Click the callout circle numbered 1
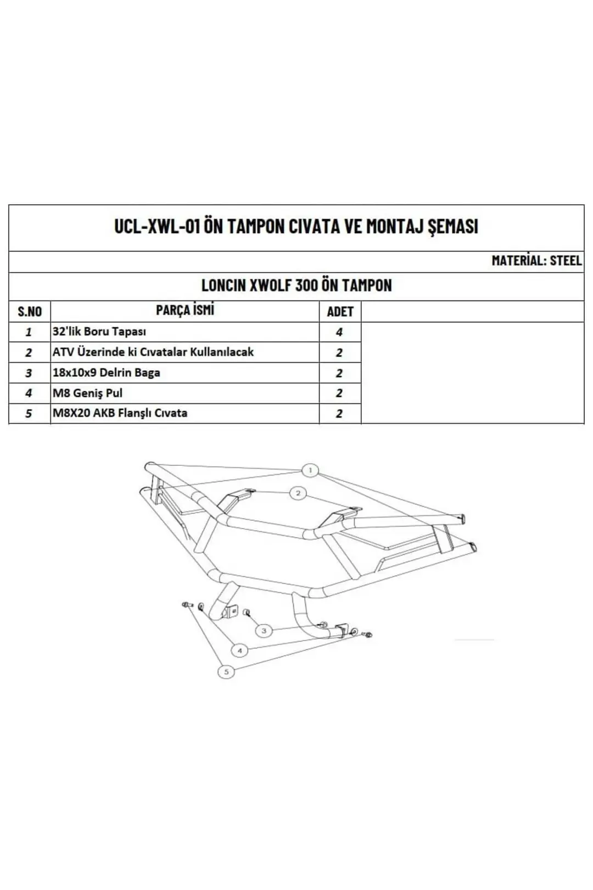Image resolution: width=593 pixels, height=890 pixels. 310,470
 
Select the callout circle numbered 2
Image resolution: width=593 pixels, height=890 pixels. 298,493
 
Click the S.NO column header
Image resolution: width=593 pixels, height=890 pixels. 30,311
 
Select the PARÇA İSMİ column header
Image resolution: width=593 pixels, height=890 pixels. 185,310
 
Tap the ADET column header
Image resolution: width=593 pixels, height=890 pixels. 340,311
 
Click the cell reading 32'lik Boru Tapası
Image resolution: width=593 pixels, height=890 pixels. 99,331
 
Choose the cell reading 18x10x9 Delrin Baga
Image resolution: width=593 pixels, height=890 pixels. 107,372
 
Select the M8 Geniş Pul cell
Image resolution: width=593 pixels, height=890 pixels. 87,393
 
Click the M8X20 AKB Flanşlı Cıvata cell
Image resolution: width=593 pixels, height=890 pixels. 120,413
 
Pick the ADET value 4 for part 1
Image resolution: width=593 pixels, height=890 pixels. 339,332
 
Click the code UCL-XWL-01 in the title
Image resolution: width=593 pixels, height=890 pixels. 157,226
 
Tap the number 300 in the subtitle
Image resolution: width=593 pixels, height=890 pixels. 306,285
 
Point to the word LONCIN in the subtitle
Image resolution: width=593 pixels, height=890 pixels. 223,285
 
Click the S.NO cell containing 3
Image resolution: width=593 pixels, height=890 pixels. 28,373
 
